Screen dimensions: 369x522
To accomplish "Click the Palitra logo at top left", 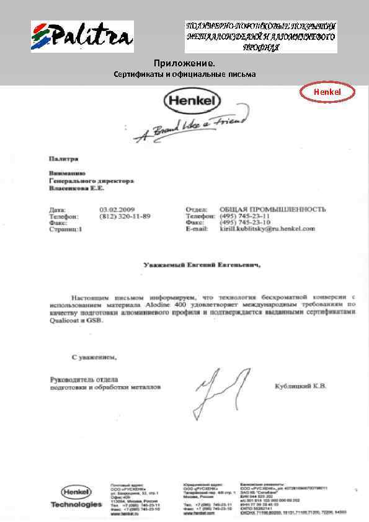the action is [82, 37].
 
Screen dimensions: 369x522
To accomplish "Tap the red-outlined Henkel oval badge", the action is [327, 92].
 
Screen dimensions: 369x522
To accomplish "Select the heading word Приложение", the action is [185, 64].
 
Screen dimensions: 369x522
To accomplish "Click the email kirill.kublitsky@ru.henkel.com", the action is [267, 229].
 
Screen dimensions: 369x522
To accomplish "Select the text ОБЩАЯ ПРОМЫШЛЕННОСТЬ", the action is [272, 210].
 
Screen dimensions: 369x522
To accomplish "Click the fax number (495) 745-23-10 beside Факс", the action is [245, 222].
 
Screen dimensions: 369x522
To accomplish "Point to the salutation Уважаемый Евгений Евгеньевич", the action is [202, 265].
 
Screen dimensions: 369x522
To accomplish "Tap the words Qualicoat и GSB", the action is [76, 321].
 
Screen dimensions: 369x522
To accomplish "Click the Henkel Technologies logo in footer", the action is [76, 497].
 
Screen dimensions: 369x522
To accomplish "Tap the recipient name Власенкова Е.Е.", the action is [77, 187].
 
